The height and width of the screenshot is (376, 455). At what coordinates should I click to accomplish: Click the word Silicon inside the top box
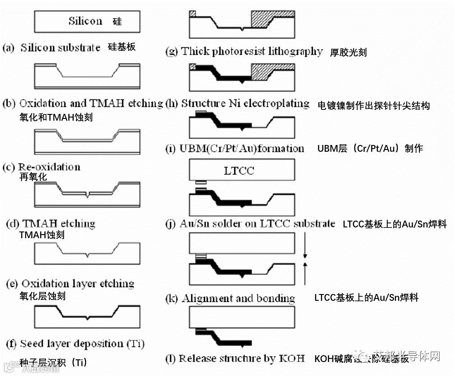(85, 21)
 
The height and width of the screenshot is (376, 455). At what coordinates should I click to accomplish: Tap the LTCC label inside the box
(239, 171)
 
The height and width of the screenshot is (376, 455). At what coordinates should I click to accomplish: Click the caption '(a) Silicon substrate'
(51, 48)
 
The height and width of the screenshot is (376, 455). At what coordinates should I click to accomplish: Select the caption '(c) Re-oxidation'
(42, 167)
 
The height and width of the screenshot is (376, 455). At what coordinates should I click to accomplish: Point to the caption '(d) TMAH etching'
(51, 223)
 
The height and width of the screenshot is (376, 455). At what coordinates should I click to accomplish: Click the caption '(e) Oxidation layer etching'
(70, 284)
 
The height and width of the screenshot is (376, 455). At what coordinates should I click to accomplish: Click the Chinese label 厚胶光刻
(348, 52)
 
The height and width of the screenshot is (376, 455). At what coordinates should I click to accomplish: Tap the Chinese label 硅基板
(122, 47)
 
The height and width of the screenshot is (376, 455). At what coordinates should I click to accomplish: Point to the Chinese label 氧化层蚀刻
(42, 296)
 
